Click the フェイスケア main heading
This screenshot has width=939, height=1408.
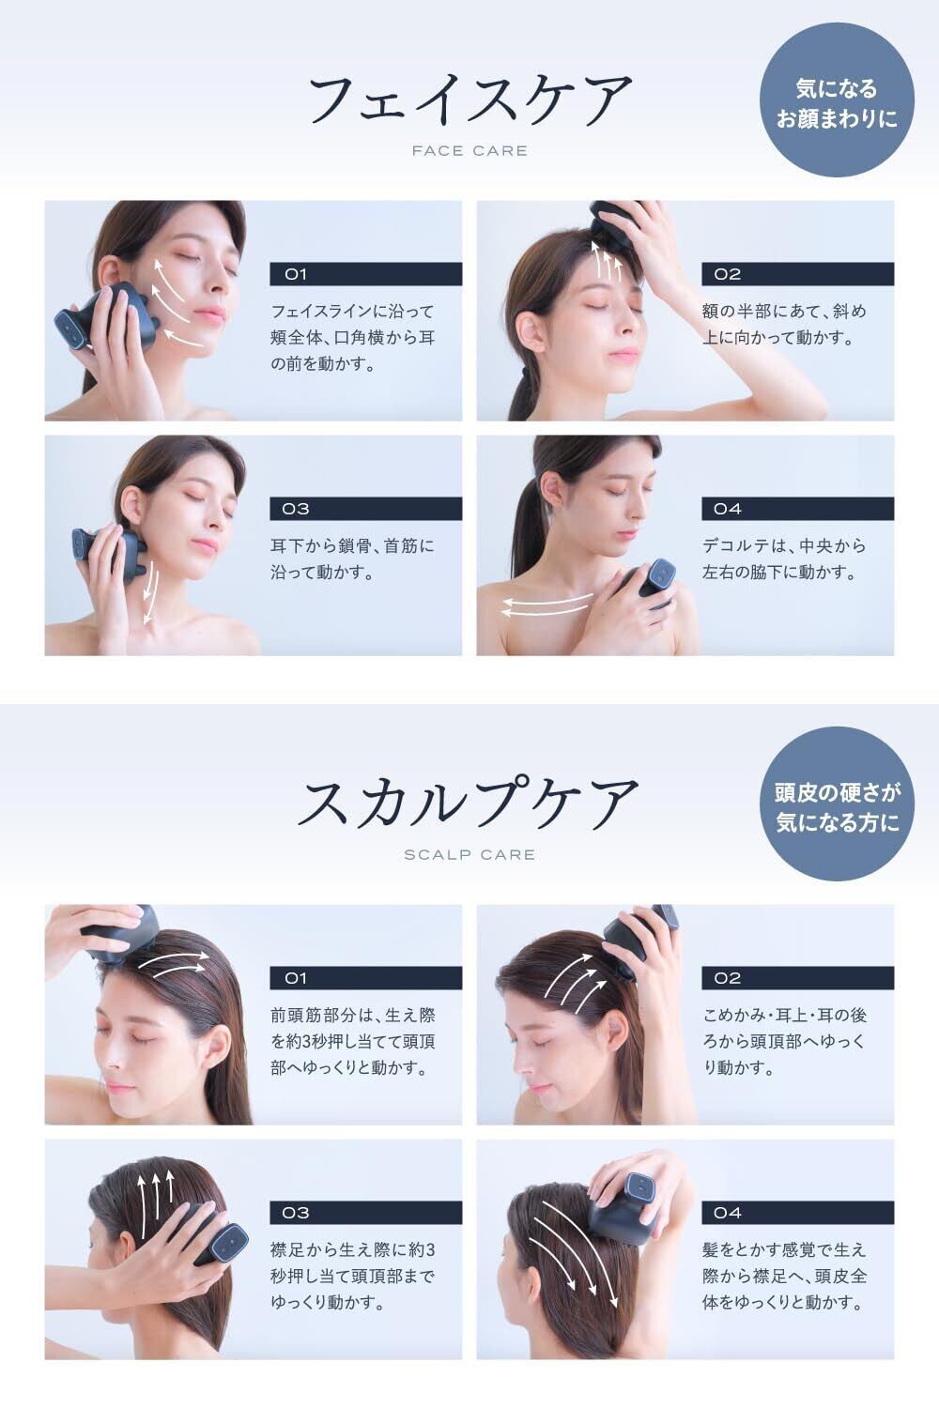pyautogui.click(x=470, y=99)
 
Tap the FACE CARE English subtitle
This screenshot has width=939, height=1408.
pyautogui.click(x=469, y=151)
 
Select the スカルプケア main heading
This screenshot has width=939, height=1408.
pyautogui.click(x=468, y=803)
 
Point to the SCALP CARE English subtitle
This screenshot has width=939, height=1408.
pyautogui.click(x=469, y=855)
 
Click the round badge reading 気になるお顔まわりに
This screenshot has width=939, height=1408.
pyautogui.click(x=837, y=99)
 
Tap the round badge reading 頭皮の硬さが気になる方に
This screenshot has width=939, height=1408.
pyautogui.click(x=837, y=803)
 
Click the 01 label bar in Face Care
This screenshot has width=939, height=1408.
pyautogui.click(x=366, y=274)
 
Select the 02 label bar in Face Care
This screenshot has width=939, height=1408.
pyautogui.click(x=797, y=274)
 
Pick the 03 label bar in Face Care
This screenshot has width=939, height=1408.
pyautogui.click(x=366, y=509)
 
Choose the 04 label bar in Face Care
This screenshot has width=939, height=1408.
pyautogui.click(x=797, y=509)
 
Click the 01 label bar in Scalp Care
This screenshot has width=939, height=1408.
pyautogui.click(x=366, y=978)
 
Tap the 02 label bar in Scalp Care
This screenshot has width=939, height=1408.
pyautogui.click(x=797, y=978)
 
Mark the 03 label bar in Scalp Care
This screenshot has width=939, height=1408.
pyautogui.click(x=366, y=1213)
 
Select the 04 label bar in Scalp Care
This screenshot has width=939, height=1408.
pyautogui.click(x=797, y=1213)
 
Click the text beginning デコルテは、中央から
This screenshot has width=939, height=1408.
pyautogui.click(x=784, y=559)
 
